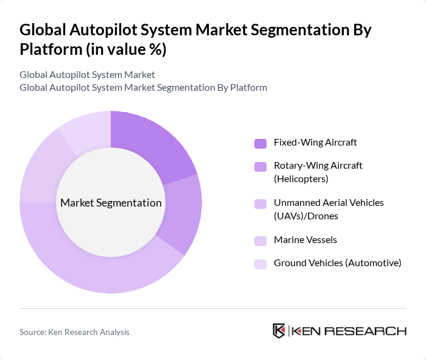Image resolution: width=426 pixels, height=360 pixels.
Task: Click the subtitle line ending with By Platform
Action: coord(143,87)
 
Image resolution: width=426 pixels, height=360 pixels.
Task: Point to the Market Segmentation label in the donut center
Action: coord(111,203)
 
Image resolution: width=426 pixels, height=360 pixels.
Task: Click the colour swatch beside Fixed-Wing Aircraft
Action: coord(260,143)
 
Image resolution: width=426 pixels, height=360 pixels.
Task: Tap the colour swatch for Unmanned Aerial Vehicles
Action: coord(260,203)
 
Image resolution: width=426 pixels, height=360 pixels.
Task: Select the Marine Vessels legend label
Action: coord(306,239)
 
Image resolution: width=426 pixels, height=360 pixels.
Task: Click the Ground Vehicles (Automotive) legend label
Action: coord(337,263)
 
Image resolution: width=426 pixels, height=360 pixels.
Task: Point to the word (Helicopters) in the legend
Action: coord(301,178)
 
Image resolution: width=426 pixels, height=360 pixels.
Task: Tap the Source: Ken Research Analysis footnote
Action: coord(74,332)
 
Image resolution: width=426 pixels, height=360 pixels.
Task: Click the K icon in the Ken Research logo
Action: coord(279,331)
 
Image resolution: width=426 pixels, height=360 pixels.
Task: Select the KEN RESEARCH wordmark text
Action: coord(349,331)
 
